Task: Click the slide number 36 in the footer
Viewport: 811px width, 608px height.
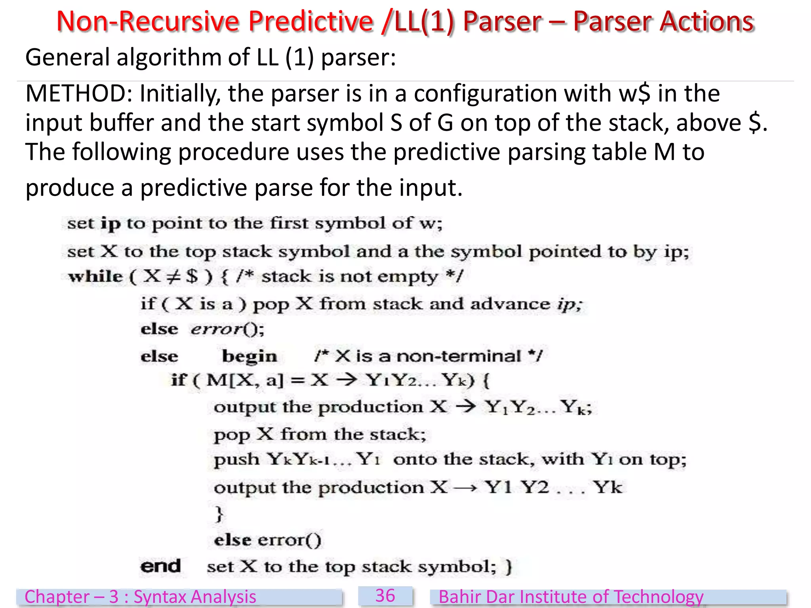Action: click(385, 596)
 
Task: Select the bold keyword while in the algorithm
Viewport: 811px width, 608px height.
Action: click(95, 276)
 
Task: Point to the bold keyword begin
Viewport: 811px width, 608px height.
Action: click(249, 356)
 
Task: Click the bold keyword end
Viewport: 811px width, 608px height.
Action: click(160, 566)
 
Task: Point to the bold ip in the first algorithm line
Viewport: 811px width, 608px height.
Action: click(110, 224)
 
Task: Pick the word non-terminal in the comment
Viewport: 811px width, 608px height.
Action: click(459, 356)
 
